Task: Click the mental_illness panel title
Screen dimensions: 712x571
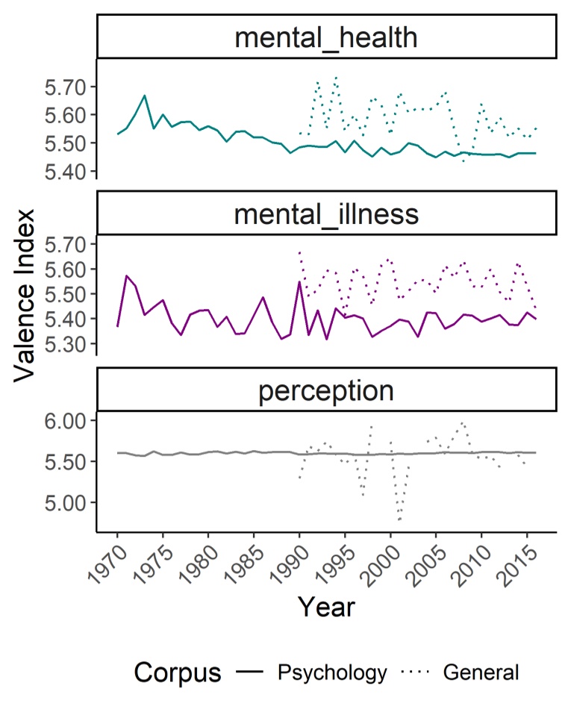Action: point(326,214)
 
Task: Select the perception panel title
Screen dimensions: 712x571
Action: point(326,390)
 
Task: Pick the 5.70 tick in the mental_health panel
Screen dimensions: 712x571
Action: point(69,87)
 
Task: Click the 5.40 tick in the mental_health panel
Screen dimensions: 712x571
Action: point(69,172)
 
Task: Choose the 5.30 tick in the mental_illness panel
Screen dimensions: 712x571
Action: point(69,344)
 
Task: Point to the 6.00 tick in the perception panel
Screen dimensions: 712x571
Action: point(69,421)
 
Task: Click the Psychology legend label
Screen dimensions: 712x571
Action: point(332,672)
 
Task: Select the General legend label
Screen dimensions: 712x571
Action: point(481,672)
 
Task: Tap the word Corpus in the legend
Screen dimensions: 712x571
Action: point(178,672)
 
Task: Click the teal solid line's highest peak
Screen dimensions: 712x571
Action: point(145,96)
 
